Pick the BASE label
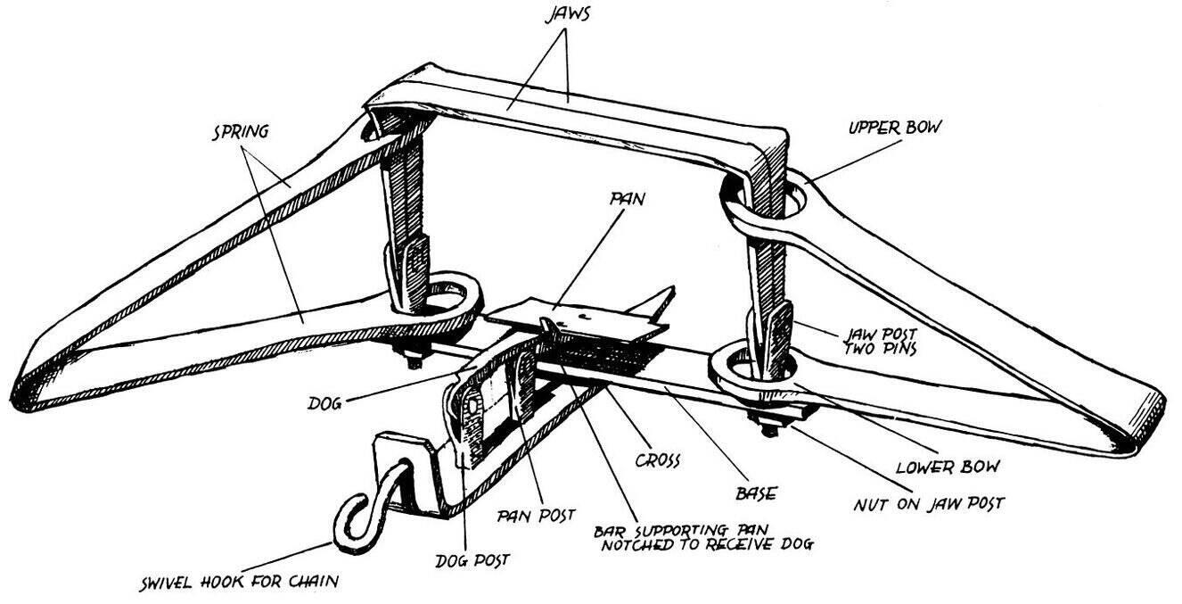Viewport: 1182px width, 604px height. [756, 492]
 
